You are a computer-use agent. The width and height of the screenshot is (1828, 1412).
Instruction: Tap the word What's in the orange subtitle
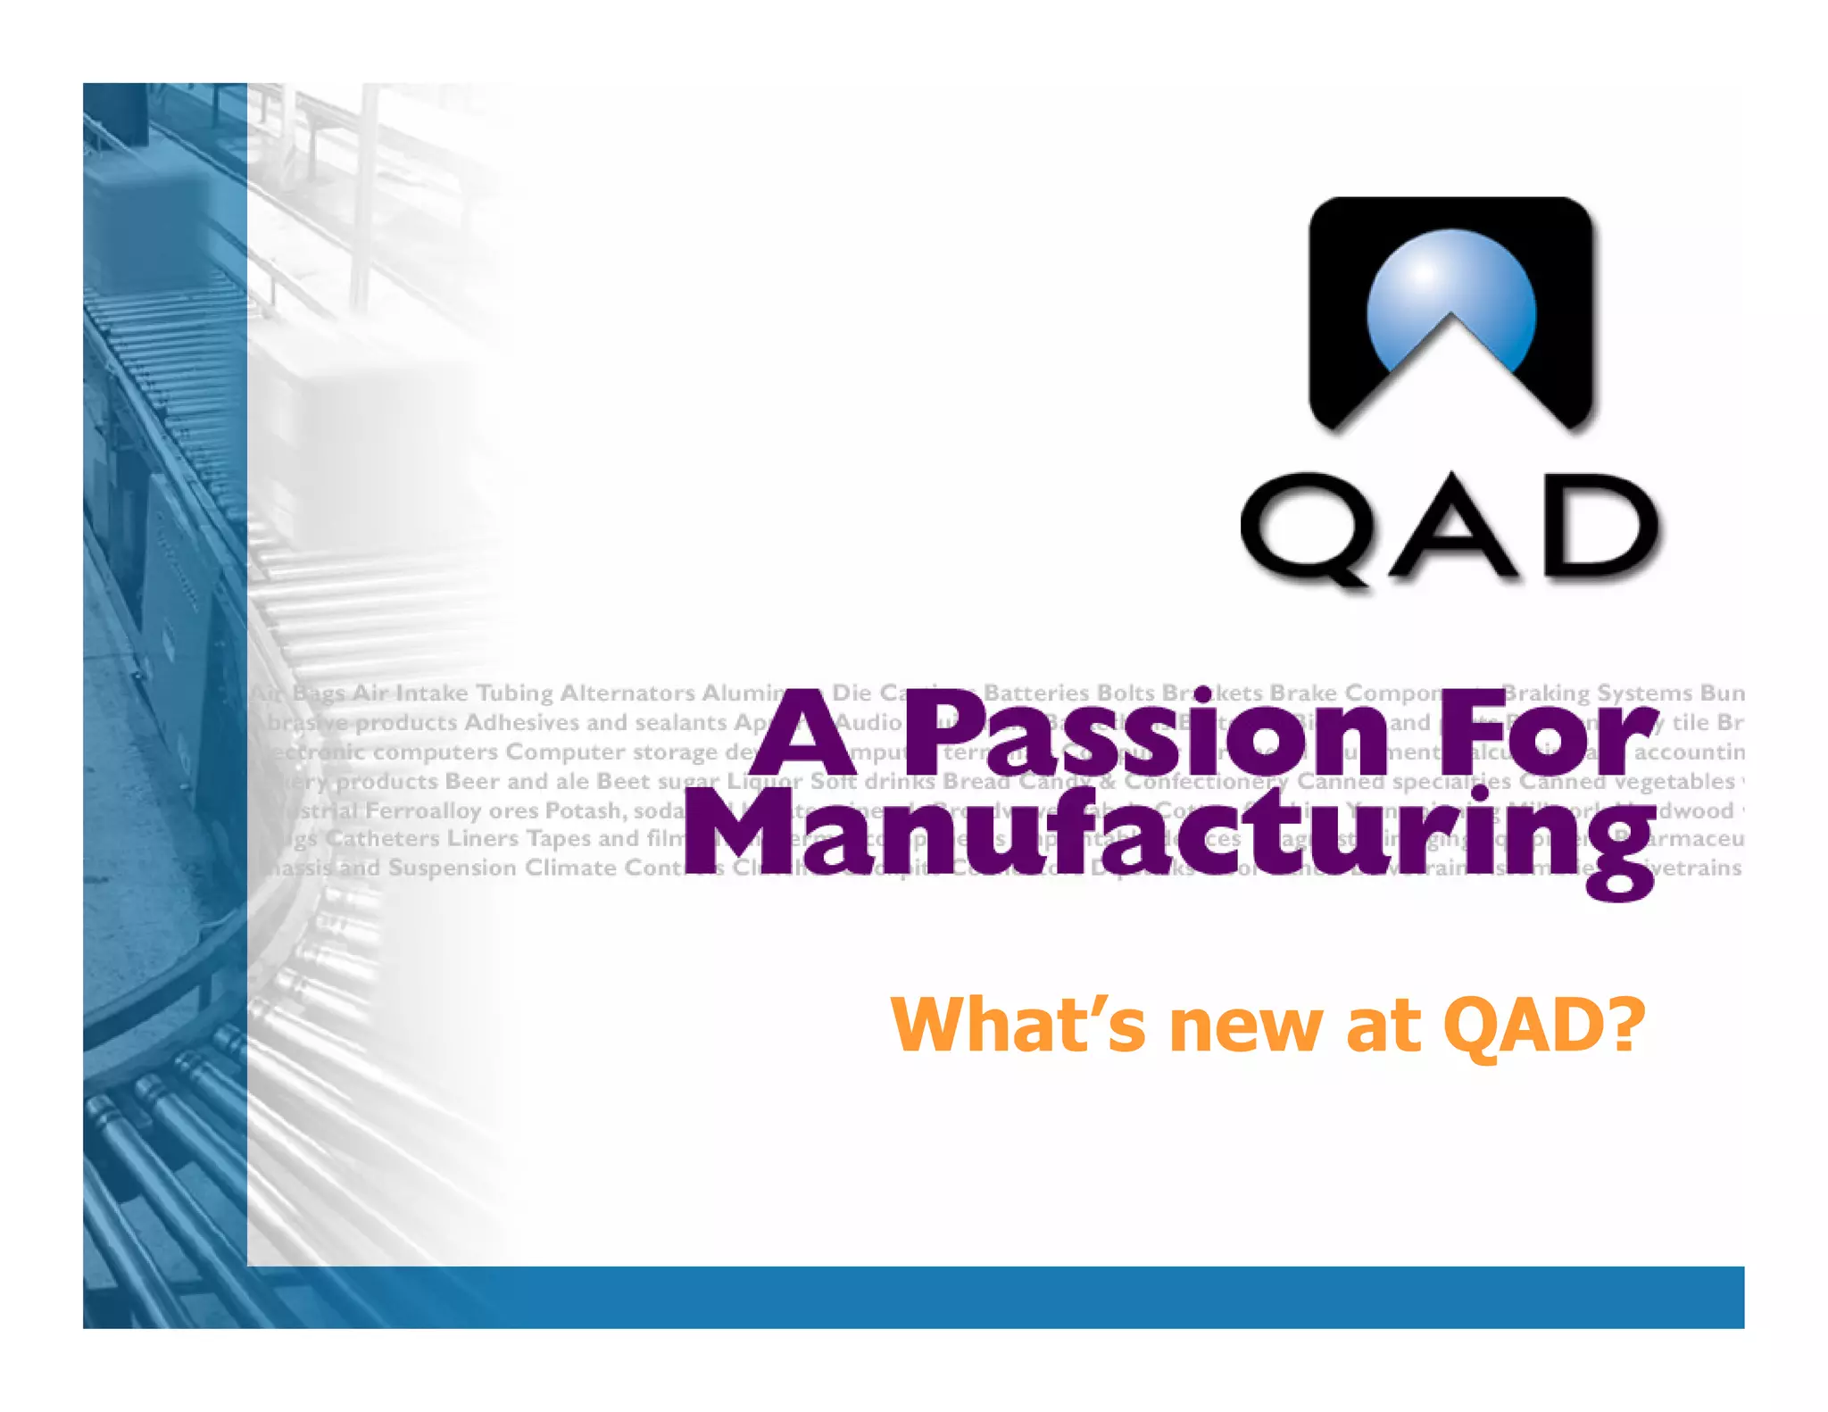[x=1018, y=1025]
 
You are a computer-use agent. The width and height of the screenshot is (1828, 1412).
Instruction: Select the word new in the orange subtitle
[x=1248, y=1026]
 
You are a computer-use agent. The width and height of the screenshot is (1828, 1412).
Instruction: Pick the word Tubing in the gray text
[x=514, y=694]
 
